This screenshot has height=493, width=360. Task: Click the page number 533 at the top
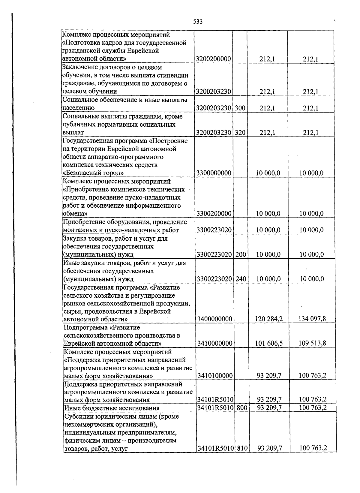[x=198, y=22]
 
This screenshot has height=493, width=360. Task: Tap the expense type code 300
[x=240, y=108]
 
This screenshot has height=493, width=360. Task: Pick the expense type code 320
[x=240, y=133]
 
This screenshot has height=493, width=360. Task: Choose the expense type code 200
[x=241, y=255]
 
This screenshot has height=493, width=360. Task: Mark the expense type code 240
[x=241, y=279]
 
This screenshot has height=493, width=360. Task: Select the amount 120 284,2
[x=268, y=319]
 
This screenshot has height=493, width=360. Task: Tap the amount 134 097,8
[x=312, y=319]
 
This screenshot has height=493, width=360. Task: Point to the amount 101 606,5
[x=269, y=344]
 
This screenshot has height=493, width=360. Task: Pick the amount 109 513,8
[x=312, y=343]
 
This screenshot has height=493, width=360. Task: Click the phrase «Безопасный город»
[x=93, y=173]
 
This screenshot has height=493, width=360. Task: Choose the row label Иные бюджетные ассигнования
[x=112, y=408]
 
